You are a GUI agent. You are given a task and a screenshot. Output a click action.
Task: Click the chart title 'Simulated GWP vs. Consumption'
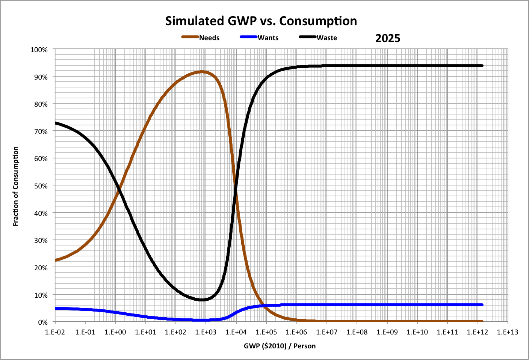click(x=261, y=21)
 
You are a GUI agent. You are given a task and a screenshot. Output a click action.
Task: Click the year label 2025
click(x=388, y=38)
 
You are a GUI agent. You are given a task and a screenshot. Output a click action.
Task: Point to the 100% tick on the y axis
click(x=39, y=50)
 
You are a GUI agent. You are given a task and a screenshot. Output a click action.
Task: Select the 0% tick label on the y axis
click(x=42, y=322)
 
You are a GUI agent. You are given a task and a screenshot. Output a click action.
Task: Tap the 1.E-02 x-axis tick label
click(x=55, y=332)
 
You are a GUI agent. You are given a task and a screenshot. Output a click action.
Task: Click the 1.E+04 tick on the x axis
click(x=236, y=332)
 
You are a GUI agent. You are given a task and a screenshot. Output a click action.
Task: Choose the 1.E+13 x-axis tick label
click(x=508, y=332)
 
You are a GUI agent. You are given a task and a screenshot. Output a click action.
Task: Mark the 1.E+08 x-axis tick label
click(x=357, y=332)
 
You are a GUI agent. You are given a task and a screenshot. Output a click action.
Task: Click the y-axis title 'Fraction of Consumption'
click(x=16, y=186)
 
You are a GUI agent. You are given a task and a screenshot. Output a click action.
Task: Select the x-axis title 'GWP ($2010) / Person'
click(x=280, y=346)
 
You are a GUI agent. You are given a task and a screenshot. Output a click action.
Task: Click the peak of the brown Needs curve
click(x=202, y=72)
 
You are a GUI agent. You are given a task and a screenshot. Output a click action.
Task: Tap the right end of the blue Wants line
click(x=482, y=305)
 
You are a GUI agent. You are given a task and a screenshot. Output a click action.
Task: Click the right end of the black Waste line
click(x=482, y=66)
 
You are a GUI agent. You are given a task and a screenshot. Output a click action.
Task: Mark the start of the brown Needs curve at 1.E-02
click(x=56, y=260)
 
